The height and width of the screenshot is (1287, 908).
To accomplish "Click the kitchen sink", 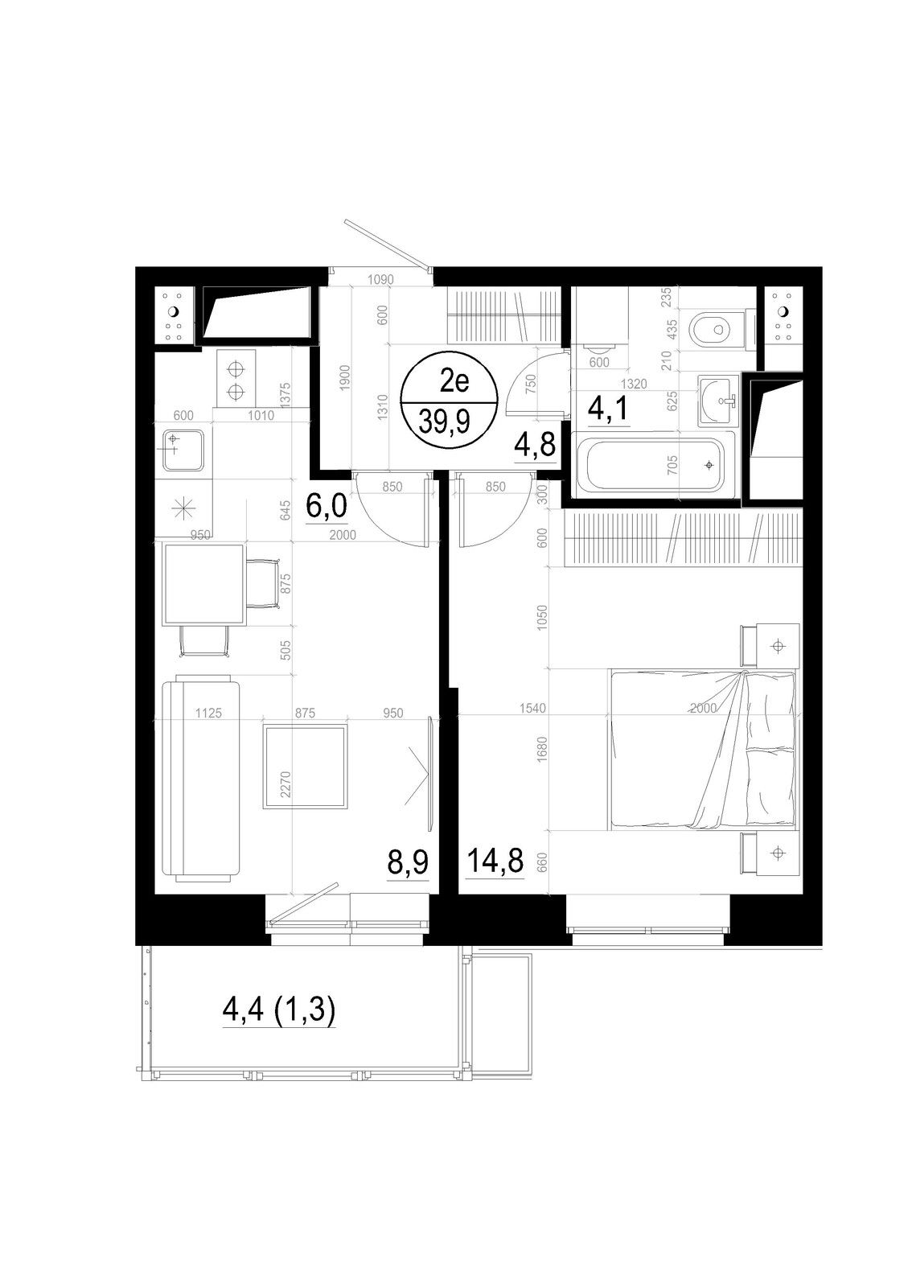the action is [x=183, y=450].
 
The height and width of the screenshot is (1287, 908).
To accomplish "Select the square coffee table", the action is [x=305, y=767].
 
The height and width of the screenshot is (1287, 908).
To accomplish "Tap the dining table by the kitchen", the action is [x=204, y=584].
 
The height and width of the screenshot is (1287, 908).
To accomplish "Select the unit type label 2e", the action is [x=454, y=381].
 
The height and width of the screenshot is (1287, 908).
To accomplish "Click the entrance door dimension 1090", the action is [x=380, y=279].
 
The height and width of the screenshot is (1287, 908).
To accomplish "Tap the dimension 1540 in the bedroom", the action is [x=532, y=709].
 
